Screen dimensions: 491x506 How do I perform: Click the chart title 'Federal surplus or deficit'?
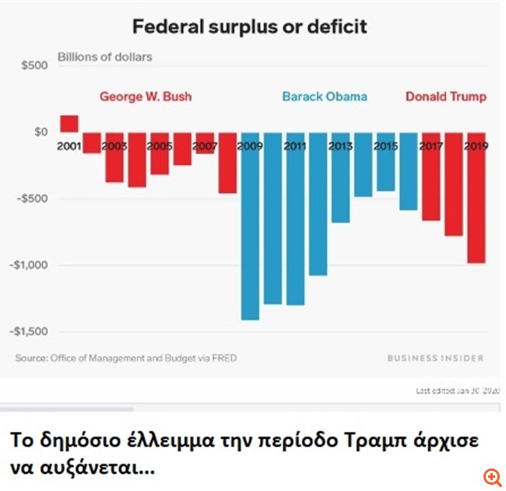click(249, 27)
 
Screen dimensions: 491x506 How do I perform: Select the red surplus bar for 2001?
click(69, 123)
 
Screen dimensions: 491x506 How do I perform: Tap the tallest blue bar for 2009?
click(250, 226)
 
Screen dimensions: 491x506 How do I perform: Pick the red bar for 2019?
click(476, 198)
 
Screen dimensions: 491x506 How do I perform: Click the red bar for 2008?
click(227, 163)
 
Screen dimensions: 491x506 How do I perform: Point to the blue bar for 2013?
click(340, 177)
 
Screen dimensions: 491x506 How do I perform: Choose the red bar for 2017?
click(430, 177)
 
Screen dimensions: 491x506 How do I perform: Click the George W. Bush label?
click(145, 97)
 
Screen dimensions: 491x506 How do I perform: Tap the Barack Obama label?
click(325, 97)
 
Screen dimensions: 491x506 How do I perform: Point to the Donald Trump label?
click(446, 97)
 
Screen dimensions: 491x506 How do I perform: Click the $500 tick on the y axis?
click(34, 65)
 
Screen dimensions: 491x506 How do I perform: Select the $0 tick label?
click(40, 132)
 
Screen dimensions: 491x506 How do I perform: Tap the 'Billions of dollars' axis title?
click(105, 57)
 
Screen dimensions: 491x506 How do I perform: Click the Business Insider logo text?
click(435, 358)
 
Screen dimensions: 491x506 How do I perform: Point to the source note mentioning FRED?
click(126, 358)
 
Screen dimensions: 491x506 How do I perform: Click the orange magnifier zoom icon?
click(492, 475)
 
